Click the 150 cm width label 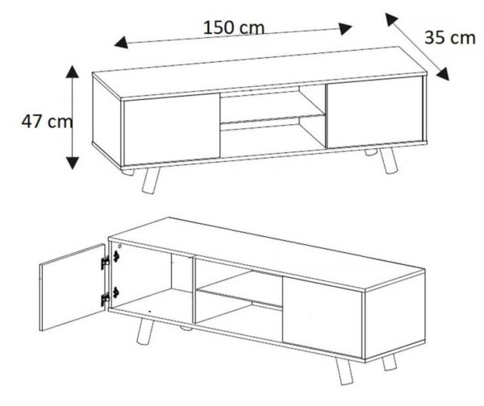point(234,27)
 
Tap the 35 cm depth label point(450,38)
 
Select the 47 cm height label point(47,121)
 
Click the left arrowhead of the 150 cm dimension point(121,42)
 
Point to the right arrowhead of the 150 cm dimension point(346,29)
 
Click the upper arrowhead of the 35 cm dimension point(391,19)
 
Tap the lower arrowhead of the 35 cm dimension point(443,74)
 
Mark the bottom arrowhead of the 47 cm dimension point(73,163)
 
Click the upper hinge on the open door point(106,262)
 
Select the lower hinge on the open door point(106,298)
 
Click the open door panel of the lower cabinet point(73,288)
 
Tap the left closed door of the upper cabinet point(172,130)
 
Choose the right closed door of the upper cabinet point(374,112)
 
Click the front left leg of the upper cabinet point(151,180)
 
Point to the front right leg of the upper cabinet point(387,160)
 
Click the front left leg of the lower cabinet point(144,331)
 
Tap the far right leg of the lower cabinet point(390,362)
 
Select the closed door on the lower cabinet point(322,317)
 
